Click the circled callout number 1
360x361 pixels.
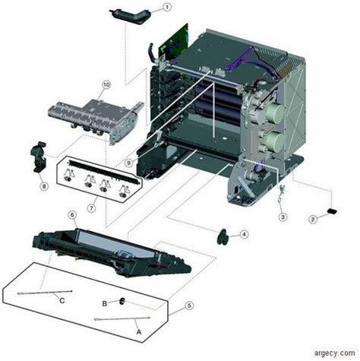click(x=167, y=8)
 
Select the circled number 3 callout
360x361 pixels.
click(x=282, y=217)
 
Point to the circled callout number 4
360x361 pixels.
click(x=245, y=235)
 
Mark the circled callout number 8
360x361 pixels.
click(x=44, y=185)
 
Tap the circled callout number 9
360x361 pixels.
click(x=131, y=162)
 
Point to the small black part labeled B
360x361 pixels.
click(x=119, y=302)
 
